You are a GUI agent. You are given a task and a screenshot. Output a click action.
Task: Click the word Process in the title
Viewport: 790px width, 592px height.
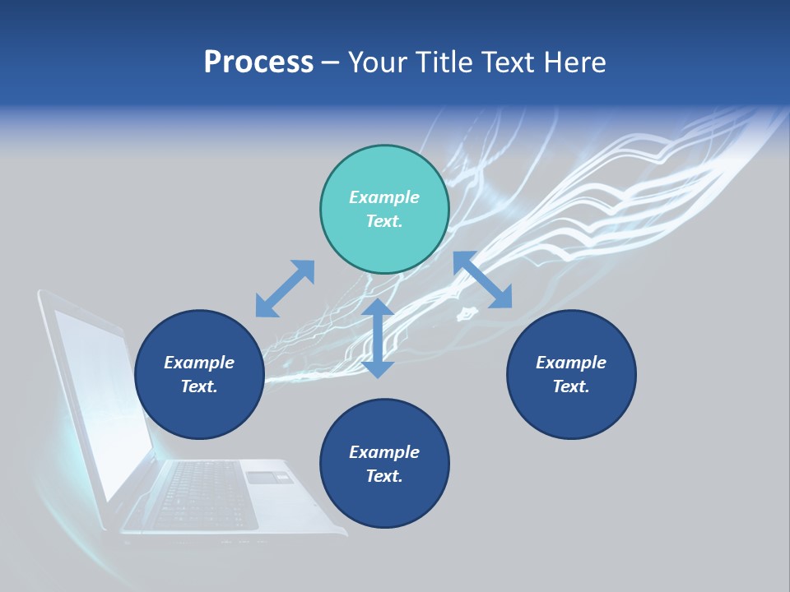[258, 62]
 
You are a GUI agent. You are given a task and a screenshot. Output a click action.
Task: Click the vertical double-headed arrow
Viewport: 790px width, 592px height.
[378, 338]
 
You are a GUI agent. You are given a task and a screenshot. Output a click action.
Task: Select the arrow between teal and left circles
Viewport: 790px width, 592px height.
[285, 289]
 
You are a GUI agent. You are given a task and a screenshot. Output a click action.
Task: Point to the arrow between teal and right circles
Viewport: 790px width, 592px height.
[482, 280]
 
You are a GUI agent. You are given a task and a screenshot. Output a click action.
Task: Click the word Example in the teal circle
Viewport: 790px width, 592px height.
[384, 197]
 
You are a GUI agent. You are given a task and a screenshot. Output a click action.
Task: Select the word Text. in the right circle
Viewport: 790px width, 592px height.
[571, 386]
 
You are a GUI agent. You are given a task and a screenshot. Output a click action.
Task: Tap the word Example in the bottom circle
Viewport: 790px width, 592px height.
[384, 452]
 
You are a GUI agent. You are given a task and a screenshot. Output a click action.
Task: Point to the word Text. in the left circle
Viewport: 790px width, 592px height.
[199, 386]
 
